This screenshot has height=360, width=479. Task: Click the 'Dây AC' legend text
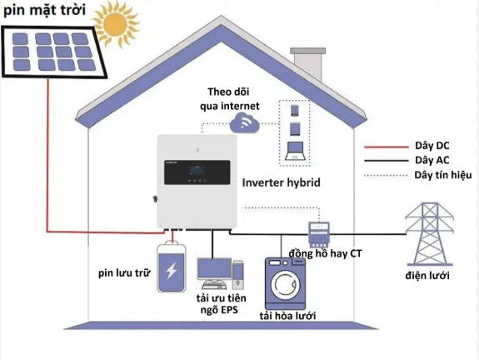(x=432, y=159)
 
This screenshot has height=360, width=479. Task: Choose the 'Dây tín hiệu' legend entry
(x=442, y=175)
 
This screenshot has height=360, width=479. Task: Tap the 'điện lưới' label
(x=429, y=275)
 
